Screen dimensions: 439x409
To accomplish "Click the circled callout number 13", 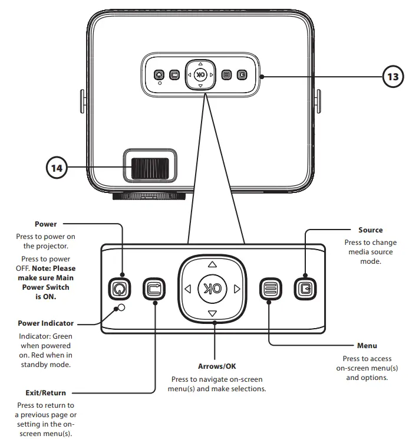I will click(394, 76).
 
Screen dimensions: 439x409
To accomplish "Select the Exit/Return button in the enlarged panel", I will click(154, 289).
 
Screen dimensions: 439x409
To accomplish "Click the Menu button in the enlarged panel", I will click(270, 289).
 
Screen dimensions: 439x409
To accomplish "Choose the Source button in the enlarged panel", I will click(305, 289).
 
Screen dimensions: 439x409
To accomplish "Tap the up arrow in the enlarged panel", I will click(212, 264).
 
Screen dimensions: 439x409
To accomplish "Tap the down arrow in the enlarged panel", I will click(212, 313).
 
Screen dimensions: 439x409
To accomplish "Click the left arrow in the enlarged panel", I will click(187, 289).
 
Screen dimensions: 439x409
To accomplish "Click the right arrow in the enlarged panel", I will click(237, 289).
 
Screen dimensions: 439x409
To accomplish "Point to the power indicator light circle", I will click(121, 308).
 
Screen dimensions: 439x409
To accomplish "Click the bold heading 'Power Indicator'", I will click(46, 323).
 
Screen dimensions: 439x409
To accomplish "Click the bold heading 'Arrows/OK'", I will click(217, 366).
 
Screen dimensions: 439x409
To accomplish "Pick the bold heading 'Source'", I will click(370, 230).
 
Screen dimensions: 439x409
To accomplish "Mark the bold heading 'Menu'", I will click(367, 345).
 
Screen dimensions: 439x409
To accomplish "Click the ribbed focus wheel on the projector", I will click(150, 168).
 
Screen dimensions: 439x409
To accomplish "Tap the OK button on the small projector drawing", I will click(200, 75).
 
